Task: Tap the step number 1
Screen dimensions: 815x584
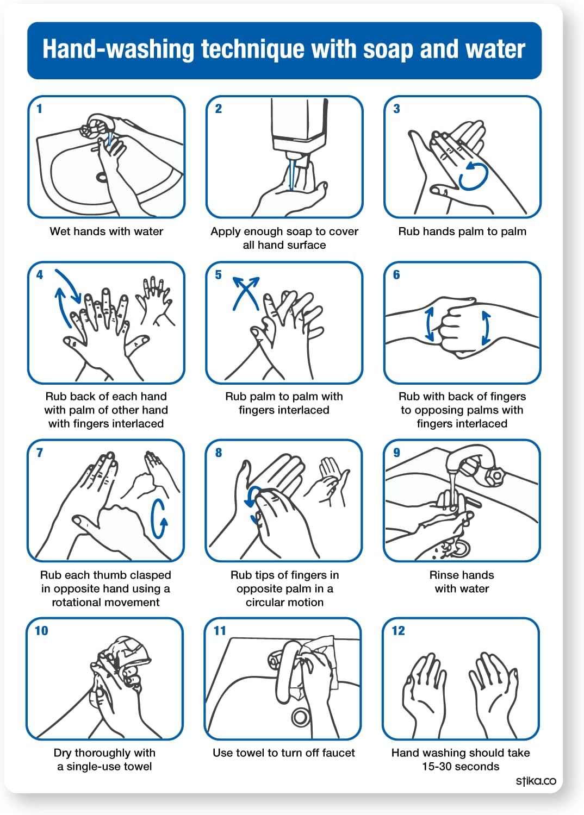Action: point(39,109)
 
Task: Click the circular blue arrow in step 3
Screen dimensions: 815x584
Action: point(473,176)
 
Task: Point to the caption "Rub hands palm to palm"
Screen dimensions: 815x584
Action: point(462,231)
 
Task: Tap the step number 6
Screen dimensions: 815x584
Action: point(396,275)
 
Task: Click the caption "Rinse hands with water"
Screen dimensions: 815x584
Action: point(462,582)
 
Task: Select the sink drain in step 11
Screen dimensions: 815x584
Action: point(300,717)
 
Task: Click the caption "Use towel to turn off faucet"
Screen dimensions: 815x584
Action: point(283,753)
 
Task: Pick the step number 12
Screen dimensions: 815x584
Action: point(398,631)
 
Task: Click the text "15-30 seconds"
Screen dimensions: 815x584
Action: point(461,767)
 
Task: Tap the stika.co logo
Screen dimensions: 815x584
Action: point(536,781)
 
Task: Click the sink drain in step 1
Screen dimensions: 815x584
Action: point(102,177)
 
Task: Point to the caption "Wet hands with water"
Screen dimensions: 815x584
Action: point(107,231)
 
